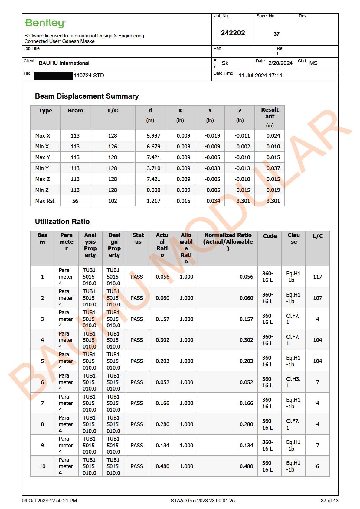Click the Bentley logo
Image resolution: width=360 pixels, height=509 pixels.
(45, 23)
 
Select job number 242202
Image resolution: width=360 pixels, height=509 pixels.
(233, 33)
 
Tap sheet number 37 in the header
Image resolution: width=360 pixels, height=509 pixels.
(276, 34)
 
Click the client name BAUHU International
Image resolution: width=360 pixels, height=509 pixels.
(64, 63)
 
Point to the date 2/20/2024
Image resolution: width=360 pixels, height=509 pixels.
(280, 63)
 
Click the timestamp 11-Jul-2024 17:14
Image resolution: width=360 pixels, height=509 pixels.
(260, 76)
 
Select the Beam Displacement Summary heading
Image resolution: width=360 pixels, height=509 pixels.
(87, 96)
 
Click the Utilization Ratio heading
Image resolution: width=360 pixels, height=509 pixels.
(62, 222)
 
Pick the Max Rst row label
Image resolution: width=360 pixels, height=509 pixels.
(45, 201)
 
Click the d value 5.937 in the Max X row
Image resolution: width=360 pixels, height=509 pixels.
(153, 136)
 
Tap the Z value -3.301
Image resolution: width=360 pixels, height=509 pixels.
(242, 201)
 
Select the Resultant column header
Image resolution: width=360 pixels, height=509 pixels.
(270, 117)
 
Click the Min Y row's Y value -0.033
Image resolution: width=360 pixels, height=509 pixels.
(212, 168)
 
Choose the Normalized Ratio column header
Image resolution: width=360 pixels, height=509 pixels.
(228, 242)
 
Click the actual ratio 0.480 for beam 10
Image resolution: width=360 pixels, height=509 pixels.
(162, 466)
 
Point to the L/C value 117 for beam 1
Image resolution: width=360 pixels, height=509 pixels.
(317, 277)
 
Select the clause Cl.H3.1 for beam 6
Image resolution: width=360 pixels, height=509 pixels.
(293, 382)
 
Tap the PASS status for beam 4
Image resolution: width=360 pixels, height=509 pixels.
(137, 340)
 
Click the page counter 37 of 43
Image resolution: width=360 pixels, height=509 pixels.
(329, 501)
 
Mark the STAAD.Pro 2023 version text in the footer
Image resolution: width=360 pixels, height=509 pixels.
(202, 501)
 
